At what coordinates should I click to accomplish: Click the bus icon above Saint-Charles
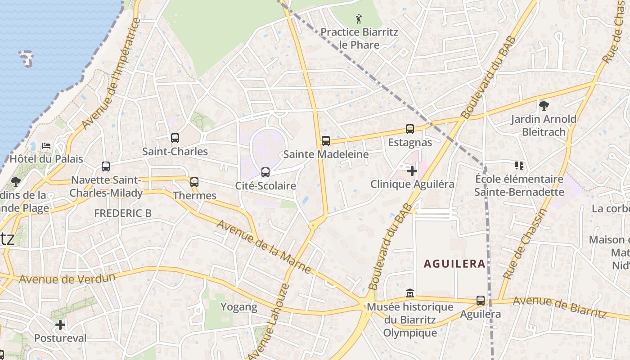(x=175, y=138)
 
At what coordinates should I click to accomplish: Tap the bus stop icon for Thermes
(x=194, y=182)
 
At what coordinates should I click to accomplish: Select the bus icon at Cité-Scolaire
(x=265, y=172)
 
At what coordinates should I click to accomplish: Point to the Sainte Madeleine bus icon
(x=326, y=141)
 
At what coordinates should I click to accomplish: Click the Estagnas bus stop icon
(x=410, y=129)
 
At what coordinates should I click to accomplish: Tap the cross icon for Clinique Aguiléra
(x=412, y=171)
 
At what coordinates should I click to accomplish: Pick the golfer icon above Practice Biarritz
(x=359, y=19)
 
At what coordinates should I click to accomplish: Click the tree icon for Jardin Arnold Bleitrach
(x=544, y=106)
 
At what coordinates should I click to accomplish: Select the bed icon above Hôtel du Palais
(x=46, y=146)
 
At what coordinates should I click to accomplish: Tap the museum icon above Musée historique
(x=410, y=293)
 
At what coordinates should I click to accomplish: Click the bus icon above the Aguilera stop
(x=481, y=301)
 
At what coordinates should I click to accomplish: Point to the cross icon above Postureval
(x=60, y=324)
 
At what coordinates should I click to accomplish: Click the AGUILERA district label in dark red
(x=454, y=264)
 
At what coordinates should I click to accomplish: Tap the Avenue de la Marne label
(x=264, y=246)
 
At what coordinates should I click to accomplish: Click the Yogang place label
(x=239, y=307)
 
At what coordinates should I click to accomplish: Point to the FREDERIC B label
(x=123, y=213)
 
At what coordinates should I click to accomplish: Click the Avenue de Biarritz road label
(x=560, y=307)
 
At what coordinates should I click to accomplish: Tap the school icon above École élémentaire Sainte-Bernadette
(x=519, y=166)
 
